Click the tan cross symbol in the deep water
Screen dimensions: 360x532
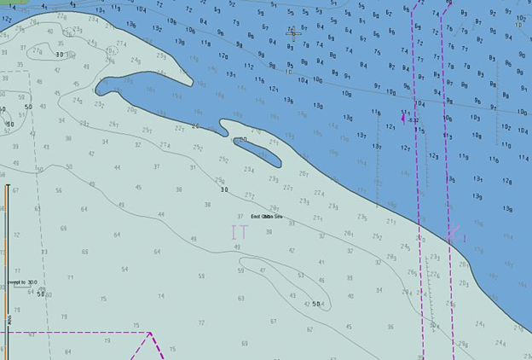292,33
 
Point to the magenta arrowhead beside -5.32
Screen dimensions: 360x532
403,118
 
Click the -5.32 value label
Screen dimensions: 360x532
413,120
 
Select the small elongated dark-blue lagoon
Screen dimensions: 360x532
256,150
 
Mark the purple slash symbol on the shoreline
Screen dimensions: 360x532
452,232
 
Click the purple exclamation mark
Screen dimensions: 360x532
465,238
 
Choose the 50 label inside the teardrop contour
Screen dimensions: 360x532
316,304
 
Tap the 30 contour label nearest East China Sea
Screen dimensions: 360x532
224,189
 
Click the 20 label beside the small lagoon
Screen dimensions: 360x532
244,139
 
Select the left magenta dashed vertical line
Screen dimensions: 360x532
415,171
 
